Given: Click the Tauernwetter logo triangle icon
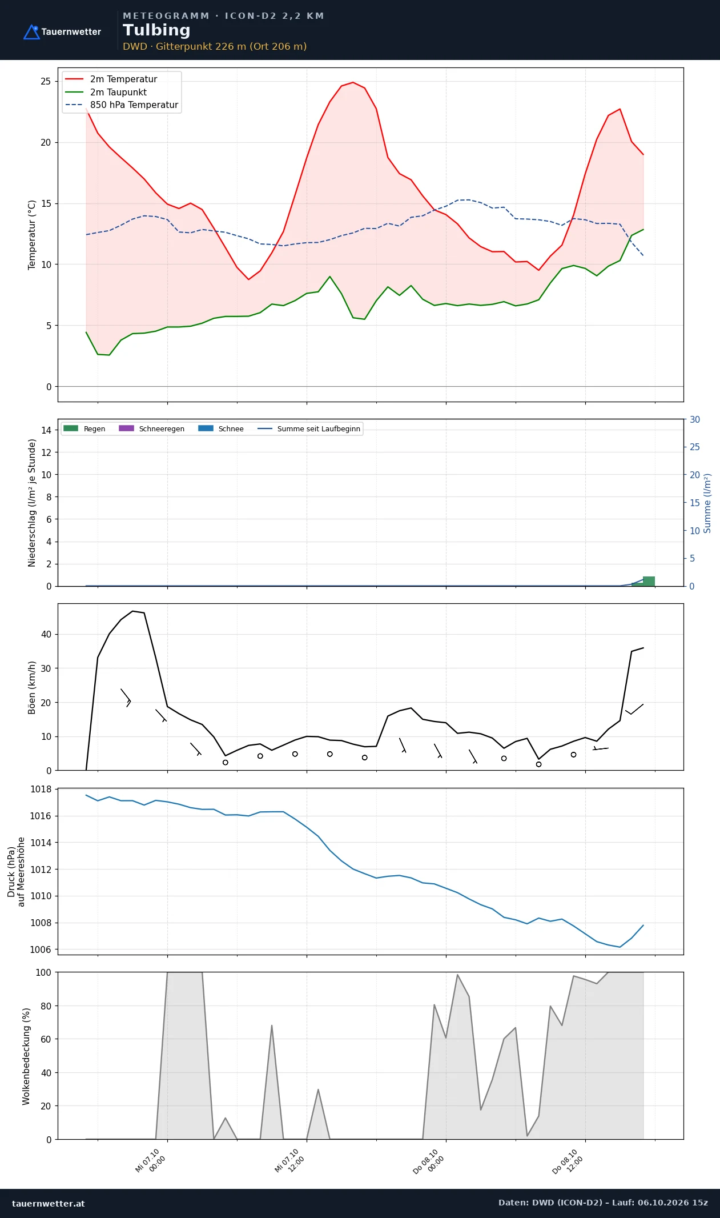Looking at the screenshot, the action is [x=31, y=32].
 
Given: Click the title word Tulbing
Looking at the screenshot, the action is [x=156, y=30].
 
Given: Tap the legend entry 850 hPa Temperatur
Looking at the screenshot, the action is [x=122, y=105].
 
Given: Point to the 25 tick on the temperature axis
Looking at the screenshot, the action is [x=46, y=81].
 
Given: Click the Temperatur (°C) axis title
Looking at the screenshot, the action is [x=32, y=235].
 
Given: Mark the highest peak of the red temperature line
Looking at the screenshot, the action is [x=353, y=82].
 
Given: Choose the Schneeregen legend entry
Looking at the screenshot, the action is [x=151, y=428].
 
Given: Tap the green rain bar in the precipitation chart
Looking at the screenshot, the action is [x=649, y=581].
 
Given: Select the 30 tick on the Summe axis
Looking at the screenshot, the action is [x=695, y=419].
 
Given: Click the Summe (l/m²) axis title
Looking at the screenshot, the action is [x=707, y=503].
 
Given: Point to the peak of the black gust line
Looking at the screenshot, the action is [x=132, y=611].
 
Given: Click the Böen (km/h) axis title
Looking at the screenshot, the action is [x=32, y=687].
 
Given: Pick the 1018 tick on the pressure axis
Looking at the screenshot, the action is [x=41, y=789].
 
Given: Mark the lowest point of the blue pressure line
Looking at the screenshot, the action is [x=620, y=947].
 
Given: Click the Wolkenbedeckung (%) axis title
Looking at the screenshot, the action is [x=26, y=1056].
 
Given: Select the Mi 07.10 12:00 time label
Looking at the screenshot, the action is [x=289, y=1161].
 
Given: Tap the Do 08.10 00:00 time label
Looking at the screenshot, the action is [x=429, y=1161].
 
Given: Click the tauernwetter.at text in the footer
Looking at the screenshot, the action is [x=48, y=1204].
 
